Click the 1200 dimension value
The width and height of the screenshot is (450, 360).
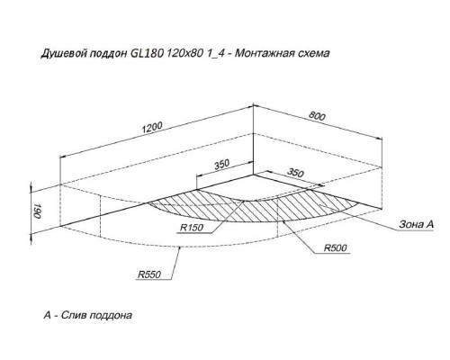pos(152,127)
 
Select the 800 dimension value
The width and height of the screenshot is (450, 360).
pos(317,115)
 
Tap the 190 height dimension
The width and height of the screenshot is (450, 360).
pos(37,211)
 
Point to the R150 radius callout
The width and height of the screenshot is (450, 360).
pos(192,228)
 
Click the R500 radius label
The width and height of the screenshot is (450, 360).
pos(336,247)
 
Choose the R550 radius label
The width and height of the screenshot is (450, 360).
pos(149,274)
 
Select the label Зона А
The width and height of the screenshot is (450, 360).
pos(417,224)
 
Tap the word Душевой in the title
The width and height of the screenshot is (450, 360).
pos(64,54)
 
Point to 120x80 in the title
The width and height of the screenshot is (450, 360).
pos(184,53)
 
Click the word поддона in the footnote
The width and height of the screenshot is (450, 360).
pos(111,316)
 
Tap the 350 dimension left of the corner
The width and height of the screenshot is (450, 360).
pos(221,165)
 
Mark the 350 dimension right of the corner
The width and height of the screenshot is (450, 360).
pos(295,173)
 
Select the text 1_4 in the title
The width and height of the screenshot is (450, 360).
pos(214,54)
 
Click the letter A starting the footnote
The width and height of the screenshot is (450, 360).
pos(48,315)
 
